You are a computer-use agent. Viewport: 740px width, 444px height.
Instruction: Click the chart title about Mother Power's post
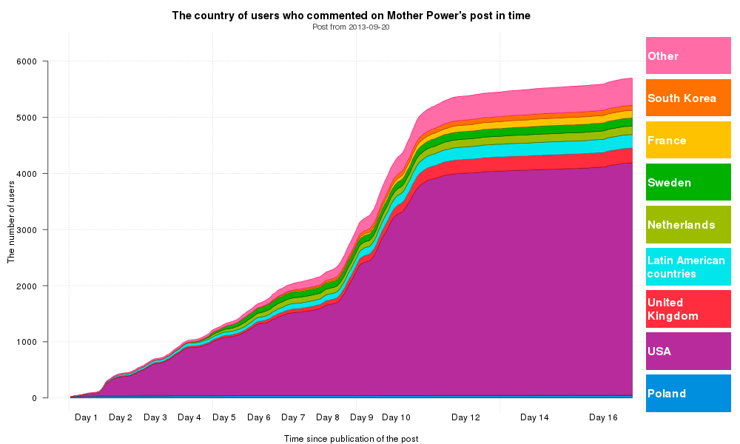tap(351, 16)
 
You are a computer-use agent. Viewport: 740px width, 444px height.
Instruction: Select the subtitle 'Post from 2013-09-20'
tap(351, 27)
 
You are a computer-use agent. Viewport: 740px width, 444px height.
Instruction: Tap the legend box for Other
tap(688, 56)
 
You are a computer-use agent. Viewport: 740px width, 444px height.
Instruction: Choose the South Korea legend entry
tap(688, 98)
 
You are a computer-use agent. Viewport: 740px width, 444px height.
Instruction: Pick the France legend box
tap(688, 141)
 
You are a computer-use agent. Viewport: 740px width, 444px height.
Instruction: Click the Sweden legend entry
tap(688, 183)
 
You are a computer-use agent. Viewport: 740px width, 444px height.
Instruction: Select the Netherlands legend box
tap(688, 225)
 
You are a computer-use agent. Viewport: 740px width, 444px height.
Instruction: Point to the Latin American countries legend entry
tap(688, 267)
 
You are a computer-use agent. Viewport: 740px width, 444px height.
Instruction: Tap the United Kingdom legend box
tap(688, 309)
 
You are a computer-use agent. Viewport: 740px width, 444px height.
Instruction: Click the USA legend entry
tap(688, 351)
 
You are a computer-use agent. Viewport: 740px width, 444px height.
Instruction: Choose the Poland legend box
tap(688, 394)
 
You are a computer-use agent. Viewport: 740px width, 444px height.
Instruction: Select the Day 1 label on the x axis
tap(87, 417)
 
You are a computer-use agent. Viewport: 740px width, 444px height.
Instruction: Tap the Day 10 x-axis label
tap(395, 417)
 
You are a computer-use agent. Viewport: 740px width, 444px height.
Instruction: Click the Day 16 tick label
tap(603, 417)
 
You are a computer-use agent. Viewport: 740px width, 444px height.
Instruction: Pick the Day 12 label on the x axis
tap(465, 417)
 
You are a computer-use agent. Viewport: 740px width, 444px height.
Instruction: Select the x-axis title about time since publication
tap(351, 439)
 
